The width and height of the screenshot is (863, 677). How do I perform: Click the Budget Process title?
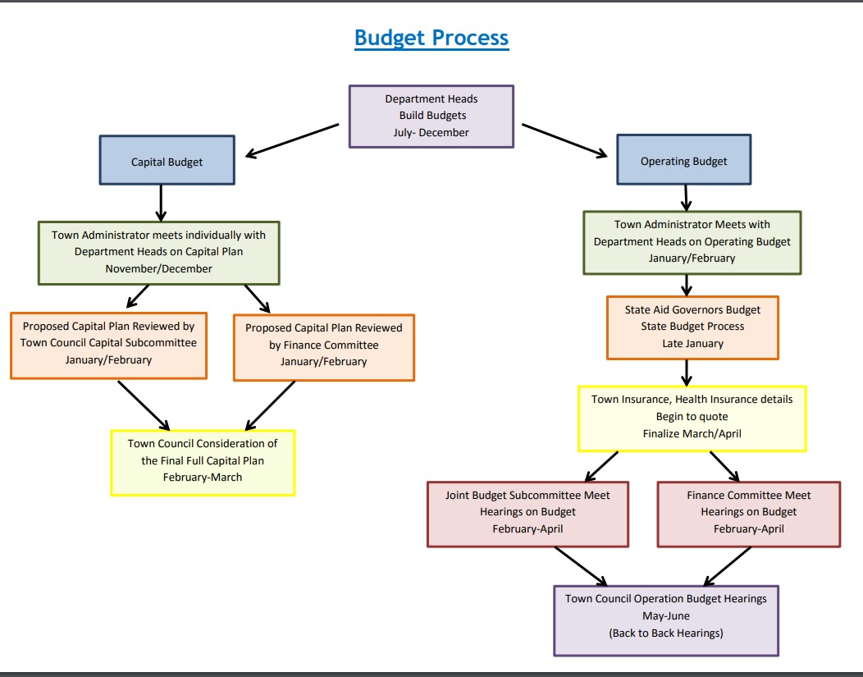click(431, 38)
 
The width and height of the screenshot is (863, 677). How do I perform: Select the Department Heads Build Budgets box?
click(431, 116)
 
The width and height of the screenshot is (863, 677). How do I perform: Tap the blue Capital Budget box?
click(167, 161)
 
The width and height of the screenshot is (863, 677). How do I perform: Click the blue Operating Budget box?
click(683, 161)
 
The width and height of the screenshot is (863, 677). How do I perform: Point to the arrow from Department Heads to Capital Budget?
click(292, 140)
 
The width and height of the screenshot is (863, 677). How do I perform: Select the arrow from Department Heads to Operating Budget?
click(564, 140)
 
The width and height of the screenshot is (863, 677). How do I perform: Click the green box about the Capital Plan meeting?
click(158, 252)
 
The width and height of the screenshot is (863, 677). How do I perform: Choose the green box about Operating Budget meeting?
click(692, 242)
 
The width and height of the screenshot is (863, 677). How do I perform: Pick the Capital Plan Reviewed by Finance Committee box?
click(323, 345)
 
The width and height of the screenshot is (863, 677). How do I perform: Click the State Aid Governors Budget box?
click(692, 327)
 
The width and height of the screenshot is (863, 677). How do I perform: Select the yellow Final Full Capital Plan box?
click(203, 461)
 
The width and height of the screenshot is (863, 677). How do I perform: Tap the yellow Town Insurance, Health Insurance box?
click(692, 417)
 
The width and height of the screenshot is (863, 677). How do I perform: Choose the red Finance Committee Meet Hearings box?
click(748, 513)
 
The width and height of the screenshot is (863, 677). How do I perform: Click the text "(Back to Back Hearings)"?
click(665, 634)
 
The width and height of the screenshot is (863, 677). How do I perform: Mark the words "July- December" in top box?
click(431, 132)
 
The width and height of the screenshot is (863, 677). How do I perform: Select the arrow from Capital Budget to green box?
click(161, 202)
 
